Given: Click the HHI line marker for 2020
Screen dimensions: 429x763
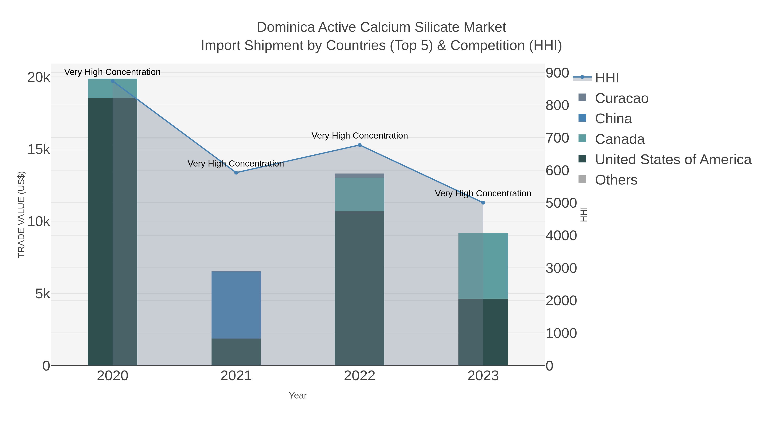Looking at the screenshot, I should click(x=113, y=81).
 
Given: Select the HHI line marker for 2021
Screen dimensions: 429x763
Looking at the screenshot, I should click(x=236, y=173).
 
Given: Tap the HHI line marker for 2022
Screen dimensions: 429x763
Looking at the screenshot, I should click(x=360, y=145).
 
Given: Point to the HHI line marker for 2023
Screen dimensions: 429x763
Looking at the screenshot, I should click(x=483, y=203).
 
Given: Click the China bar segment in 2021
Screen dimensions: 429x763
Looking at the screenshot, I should click(x=236, y=305).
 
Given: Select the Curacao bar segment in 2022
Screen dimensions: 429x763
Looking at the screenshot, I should click(x=360, y=176).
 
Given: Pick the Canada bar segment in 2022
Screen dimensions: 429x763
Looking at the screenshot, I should click(x=360, y=194).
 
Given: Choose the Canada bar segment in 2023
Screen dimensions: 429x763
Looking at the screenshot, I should click(x=483, y=266).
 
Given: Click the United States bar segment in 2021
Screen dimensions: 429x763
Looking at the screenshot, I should click(x=236, y=352).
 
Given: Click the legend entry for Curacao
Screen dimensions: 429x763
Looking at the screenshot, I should click(x=621, y=98).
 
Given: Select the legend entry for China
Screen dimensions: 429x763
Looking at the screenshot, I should click(x=613, y=119).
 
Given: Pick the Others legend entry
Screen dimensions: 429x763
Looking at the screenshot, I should click(x=616, y=180).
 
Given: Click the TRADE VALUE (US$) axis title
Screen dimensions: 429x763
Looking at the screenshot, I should click(x=21, y=214).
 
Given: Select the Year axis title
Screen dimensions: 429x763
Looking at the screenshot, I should click(x=298, y=396).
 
